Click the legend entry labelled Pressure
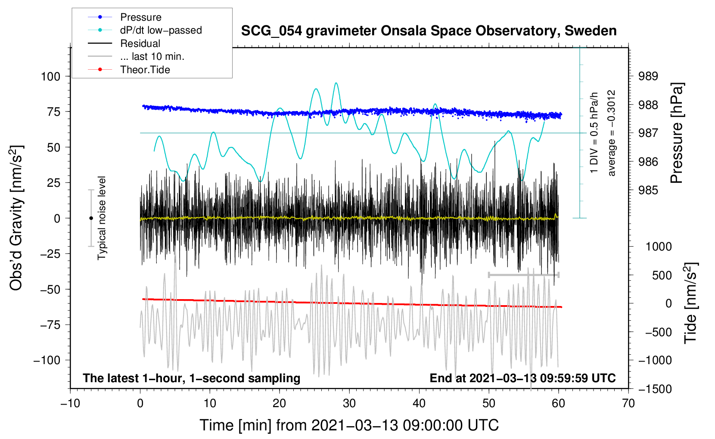pyautogui.click(x=124, y=17)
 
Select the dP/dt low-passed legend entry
pyautogui.click(x=145, y=30)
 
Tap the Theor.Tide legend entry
pyautogui.click(x=129, y=70)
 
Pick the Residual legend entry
pyautogui.click(x=124, y=43)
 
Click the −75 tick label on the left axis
pyautogui.click(x=50, y=325)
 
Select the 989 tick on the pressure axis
pyautogui.click(x=648, y=76)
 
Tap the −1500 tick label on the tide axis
pyautogui.click(x=655, y=389)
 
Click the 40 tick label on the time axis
pyautogui.click(x=419, y=403)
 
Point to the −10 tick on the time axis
pyautogui.click(x=70, y=403)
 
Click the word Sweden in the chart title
pyautogui.click(x=591, y=31)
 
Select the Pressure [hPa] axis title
pyautogui.click(x=677, y=133)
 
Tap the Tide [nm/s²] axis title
pyautogui.click(x=691, y=303)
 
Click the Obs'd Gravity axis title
pyautogui.click(x=16, y=218)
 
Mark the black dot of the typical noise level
pyautogui.click(x=91, y=218)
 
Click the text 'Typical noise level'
pyautogui.click(x=102, y=218)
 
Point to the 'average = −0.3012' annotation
pyautogui.click(x=611, y=133)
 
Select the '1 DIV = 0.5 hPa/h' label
pyautogui.click(x=594, y=133)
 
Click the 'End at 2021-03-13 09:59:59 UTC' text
pyautogui.click(x=522, y=378)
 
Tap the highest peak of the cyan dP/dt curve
pyautogui.click(x=336, y=83)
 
